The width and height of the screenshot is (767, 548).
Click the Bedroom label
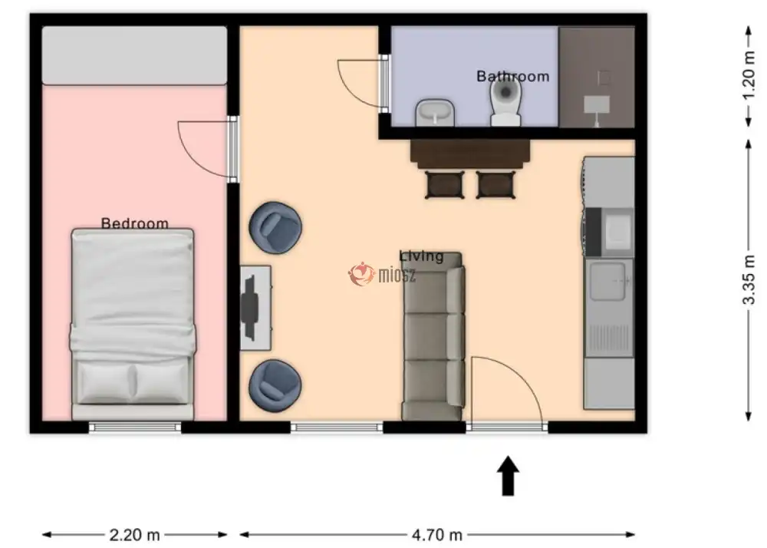(134, 223)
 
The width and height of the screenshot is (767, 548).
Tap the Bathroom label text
(512, 76)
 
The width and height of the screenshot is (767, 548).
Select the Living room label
(422, 256)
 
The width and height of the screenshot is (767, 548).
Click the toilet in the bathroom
(505, 102)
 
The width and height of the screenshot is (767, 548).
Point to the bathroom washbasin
(435, 113)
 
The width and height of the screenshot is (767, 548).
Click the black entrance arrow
(509, 476)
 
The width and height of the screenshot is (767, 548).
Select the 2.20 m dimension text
(134, 535)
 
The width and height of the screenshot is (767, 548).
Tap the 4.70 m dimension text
(437, 535)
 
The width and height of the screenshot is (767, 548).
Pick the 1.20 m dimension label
(749, 76)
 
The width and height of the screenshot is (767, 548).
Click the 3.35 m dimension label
(749, 279)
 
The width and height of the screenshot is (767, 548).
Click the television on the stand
(249, 307)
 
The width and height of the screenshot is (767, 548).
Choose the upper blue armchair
(275, 227)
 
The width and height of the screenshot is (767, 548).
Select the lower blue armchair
(275, 385)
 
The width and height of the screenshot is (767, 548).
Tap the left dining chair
(445, 184)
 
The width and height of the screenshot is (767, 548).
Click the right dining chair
(495, 184)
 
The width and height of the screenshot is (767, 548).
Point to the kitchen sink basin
(608, 282)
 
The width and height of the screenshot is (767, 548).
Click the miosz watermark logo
(383, 275)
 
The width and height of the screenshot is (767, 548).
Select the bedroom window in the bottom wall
(135, 428)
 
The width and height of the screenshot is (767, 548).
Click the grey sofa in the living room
(433, 337)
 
